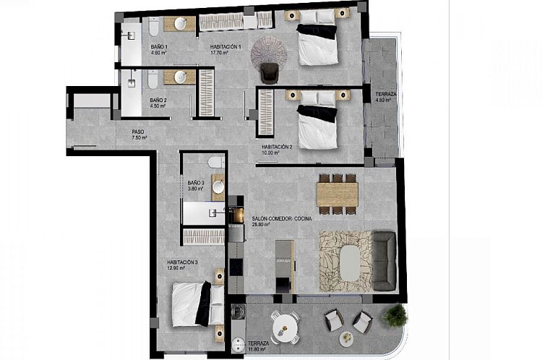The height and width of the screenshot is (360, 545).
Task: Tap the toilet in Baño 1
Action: coord(154,27)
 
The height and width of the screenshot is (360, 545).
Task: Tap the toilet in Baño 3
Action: coord(216,163)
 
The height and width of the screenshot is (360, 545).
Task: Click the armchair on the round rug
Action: coord(269,71)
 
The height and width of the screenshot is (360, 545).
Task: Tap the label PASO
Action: coord(137,132)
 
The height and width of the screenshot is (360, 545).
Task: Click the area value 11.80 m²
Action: coord(257,350)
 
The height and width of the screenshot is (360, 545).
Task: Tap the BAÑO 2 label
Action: coord(158,100)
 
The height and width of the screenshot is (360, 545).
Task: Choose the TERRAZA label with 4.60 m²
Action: coord(380,94)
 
